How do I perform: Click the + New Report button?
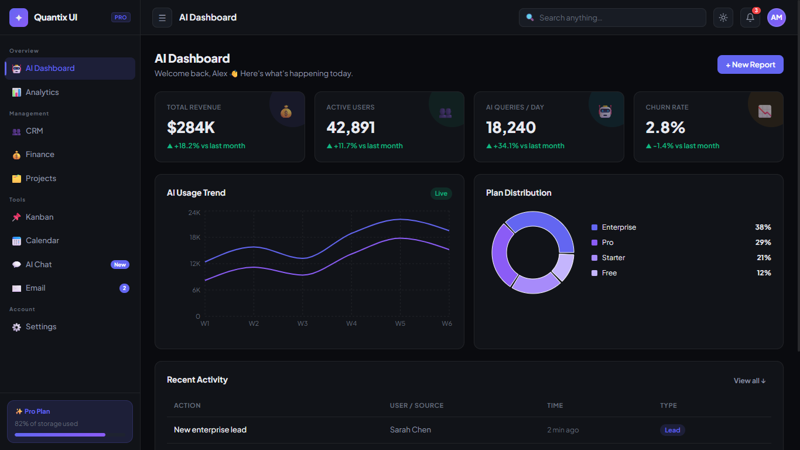pyautogui.click(x=750, y=64)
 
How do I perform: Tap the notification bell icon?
pyautogui.click(x=750, y=18)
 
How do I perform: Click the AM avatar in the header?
pyautogui.click(x=777, y=18)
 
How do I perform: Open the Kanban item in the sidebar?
pyautogui.click(x=39, y=217)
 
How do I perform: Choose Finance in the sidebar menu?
pyautogui.click(x=40, y=155)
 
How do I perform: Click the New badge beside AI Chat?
pyautogui.click(x=119, y=265)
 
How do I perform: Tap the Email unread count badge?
pyautogui.click(x=124, y=288)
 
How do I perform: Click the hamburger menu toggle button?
pyautogui.click(x=162, y=18)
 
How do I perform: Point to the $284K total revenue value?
pyautogui.click(x=191, y=127)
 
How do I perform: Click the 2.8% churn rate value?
pyautogui.click(x=665, y=127)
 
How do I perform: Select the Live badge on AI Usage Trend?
pyautogui.click(x=441, y=193)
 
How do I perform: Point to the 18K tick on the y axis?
pyautogui.click(x=194, y=237)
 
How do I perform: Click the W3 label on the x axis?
pyautogui.click(x=302, y=323)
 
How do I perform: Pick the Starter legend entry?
pyautogui.click(x=613, y=258)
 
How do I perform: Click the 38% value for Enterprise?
pyautogui.click(x=763, y=227)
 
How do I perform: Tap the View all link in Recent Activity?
pyautogui.click(x=749, y=381)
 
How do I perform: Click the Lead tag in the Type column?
pyautogui.click(x=672, y=430)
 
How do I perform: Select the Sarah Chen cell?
pyautogui.click(x=410, y=430)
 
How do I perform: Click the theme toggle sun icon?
pyautogui.click(x=723, y=18)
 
